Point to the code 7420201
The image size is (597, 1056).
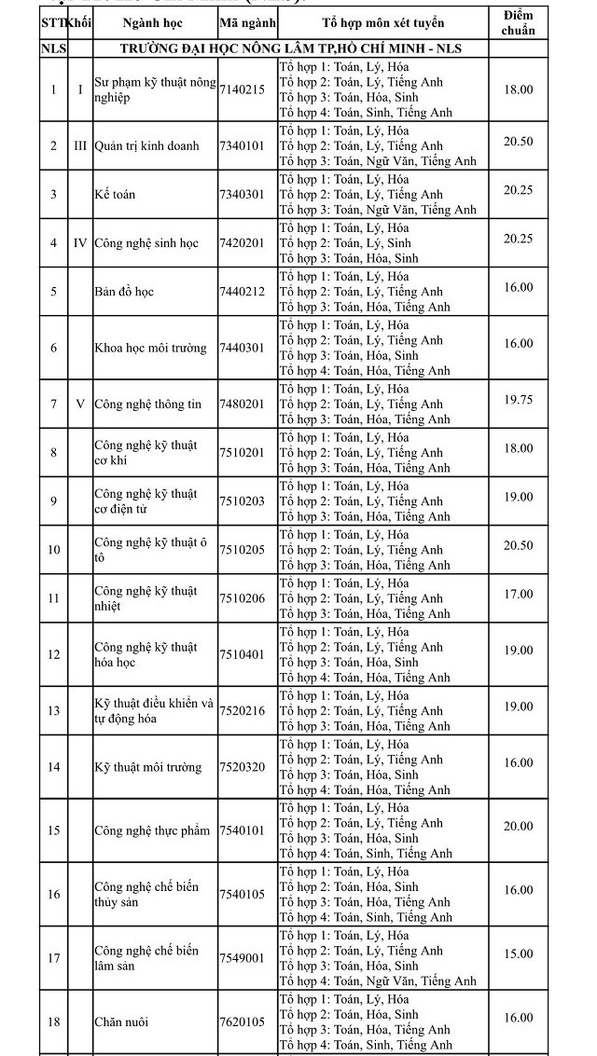[242, 243]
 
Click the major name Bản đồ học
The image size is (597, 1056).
[123, 292]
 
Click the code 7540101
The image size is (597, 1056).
[242, 830]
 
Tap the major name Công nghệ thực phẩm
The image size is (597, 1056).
[152, 830]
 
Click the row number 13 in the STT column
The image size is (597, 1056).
[53, 710]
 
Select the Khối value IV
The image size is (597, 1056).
[80, 243]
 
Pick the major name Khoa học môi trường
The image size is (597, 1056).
[150, 349]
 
